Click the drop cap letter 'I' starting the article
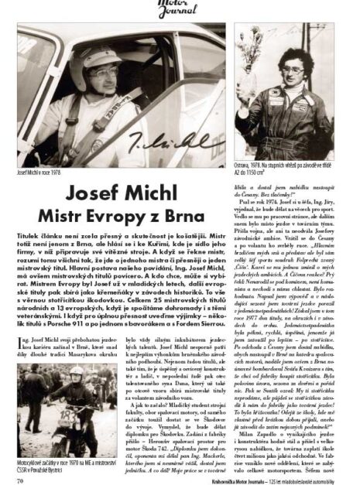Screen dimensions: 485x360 point(19,341)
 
